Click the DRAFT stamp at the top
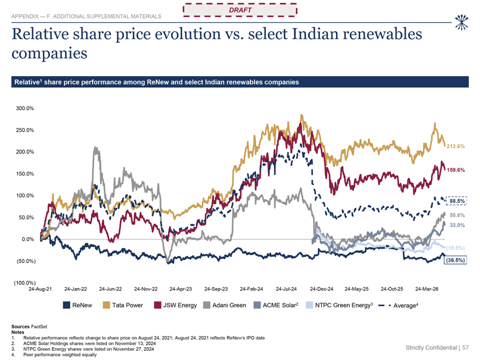click(240, 10)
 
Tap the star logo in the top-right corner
click(462, 22)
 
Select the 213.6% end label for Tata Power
click(455, 146)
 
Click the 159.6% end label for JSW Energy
click(455, 170)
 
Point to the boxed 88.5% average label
click(457, 201)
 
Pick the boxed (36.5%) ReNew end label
click(455, 260)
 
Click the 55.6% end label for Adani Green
click(457, 215)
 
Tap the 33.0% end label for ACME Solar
click(457, 225)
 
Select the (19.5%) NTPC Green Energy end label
click(455, 248)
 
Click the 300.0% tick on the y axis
click(25, 108)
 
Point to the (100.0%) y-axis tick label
click(25, 283)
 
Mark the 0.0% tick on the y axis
click(28, 239)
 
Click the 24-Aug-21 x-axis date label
click(40, 289)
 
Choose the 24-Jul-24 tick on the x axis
click(286, 289)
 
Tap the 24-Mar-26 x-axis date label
click(427, 289)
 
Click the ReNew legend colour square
click(66, 305)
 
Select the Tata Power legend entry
click(123, 305)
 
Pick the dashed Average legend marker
click(385, 306)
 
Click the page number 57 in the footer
click(465, 348)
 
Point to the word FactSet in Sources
click(39, 327)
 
